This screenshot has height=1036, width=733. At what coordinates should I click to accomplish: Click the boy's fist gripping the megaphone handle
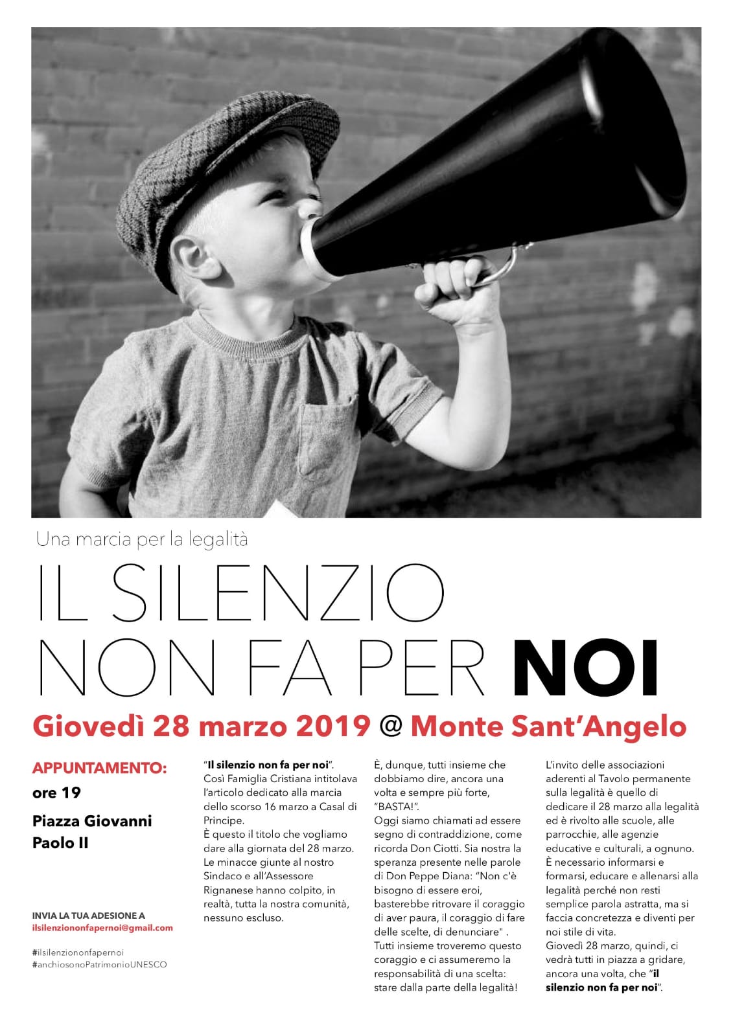(x=453, y=286)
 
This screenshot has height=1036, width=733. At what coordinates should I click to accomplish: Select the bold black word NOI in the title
(x=590, y=666)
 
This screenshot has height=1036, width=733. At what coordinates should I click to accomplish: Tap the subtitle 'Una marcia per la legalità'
(x=142, y=539)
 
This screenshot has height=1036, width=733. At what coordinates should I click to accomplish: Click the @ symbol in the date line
(x=390, y=726)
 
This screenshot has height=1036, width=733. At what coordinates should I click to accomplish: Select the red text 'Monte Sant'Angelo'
(x=548, y=726)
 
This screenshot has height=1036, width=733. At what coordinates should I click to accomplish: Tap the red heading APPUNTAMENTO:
(x=99, y=769)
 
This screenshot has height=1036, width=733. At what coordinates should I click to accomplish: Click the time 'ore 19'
(x=56, y=793)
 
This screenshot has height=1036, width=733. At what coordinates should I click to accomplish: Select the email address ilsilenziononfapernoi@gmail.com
(x=102, y=927)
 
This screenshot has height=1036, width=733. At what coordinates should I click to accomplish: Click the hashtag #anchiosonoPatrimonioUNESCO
(x=99, y=964)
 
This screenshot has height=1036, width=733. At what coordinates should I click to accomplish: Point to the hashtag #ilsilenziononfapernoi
(x=77, y=952)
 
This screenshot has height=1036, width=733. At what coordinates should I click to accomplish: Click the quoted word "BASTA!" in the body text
(x=396, y=806)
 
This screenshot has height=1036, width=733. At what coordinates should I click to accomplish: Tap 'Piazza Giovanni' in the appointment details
(x=92, y=821)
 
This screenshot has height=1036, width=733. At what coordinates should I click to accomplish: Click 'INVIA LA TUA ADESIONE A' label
(x=88, y=916)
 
